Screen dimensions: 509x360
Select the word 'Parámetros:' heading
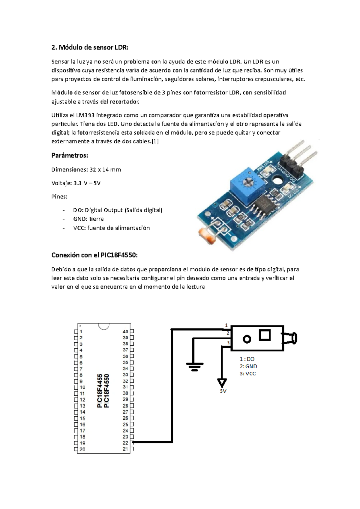[x=70, y=155]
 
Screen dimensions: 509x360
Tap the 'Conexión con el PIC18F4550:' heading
[x=94, y=255]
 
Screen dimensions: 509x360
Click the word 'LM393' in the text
[x=85, y=115]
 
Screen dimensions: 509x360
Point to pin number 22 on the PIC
[x=125, y=443]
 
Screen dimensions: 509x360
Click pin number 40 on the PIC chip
[x=125, y=332]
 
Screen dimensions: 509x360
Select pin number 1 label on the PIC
[x=81, y=332]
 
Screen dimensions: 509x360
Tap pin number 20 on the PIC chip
[x=82, y=449]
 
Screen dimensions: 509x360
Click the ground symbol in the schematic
[x=195, y=366]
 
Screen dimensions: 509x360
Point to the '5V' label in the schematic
[x=223, y=391]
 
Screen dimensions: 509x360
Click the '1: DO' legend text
[x=247, y=359]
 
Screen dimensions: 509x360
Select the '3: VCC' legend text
[x=247, y=374]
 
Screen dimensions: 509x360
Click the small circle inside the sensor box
[x=247, y=339]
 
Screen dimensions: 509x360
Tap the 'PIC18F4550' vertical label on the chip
[x=106, y=391]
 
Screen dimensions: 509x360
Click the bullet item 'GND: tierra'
[x=88, y=219]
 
